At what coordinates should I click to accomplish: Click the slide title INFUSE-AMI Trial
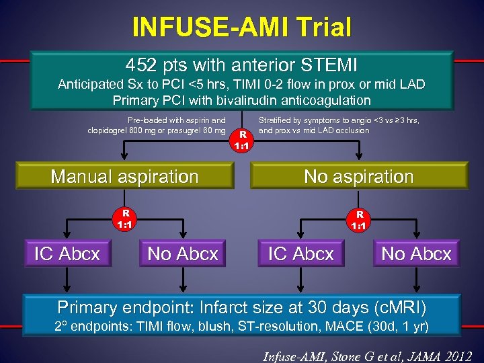coord(242,28)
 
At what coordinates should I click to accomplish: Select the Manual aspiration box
coord(124,177)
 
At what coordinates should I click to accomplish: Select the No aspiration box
coord(358,177)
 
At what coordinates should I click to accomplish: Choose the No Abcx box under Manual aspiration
coord(183,254)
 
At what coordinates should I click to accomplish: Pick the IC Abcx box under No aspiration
coord(300,254)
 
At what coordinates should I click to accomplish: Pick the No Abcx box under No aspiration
coord(416,254)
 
